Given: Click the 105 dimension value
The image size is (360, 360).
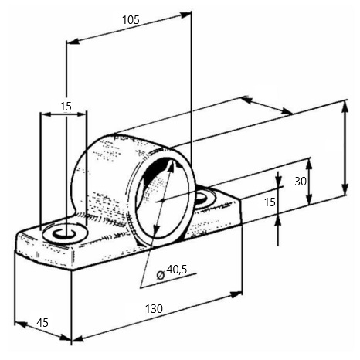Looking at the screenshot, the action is click(131, 20).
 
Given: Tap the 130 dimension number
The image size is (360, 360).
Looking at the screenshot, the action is click(154, 308).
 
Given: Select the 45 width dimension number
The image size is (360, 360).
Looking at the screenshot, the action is click(42, 322).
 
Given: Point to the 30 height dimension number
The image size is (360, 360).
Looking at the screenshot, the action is click(301, 182).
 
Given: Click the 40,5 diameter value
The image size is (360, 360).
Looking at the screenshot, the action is click(177, 270).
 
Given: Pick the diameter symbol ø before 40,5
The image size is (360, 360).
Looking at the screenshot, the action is click(161, 275).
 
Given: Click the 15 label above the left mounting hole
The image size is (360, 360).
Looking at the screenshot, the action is click(66, 107).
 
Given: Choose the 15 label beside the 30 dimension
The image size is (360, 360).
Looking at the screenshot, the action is click(270, 202).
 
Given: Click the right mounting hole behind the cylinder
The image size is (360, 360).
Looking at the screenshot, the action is click(202, 198).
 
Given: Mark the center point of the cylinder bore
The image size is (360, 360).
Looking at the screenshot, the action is click(162, 200).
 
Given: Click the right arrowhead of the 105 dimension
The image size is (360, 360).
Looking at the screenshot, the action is click(186, 15).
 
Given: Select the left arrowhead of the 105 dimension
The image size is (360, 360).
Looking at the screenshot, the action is click(73, 42).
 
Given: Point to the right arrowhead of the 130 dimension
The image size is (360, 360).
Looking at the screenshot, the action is click(236, 295).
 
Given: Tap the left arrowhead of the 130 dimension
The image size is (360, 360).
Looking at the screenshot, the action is click(77, 338).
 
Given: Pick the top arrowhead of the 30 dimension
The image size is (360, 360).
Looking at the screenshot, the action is click(310, 164).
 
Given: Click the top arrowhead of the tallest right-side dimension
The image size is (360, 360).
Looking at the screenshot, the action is click(345, 106).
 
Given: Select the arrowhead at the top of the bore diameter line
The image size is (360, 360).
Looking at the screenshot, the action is click(171, 165).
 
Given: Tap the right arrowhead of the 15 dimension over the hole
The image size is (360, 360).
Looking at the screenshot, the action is click(80, 114).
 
